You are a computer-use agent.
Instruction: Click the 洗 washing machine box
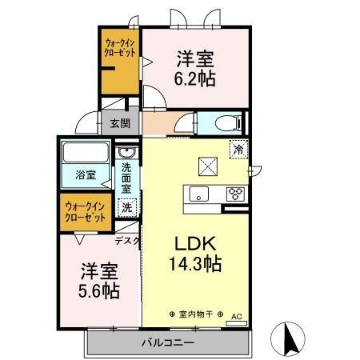126,207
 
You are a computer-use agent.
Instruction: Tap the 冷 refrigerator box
238,147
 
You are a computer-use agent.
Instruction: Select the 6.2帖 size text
196,78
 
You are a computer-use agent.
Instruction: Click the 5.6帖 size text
98,290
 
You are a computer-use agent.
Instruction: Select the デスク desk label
127,240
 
